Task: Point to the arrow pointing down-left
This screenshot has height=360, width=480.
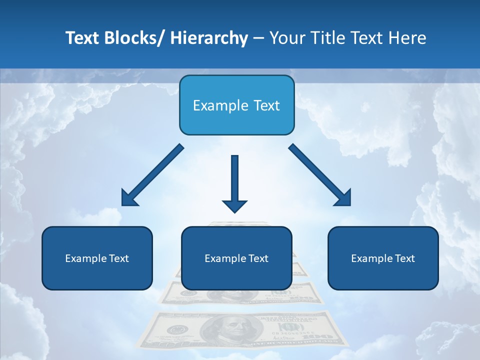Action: point(153,175)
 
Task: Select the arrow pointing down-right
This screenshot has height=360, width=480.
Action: point(320,175)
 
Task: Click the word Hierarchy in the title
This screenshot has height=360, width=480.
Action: point(209,38)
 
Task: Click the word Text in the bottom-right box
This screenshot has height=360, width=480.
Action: point(404,258)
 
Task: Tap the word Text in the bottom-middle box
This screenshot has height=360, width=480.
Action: point(258,258)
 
